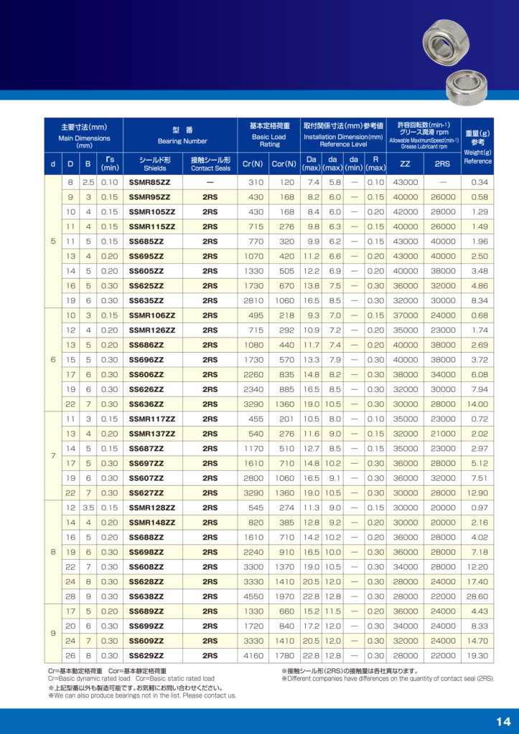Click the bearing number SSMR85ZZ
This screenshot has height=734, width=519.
[x=149, y=183]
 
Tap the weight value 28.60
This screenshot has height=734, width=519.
[x=477, y=596]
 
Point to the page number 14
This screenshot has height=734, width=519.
[x=502, y=721]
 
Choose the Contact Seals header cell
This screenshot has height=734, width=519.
[x=210, y=164]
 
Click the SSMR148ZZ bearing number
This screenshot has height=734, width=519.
[x=151, y=523]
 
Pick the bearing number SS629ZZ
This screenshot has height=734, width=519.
[x=146, y=656]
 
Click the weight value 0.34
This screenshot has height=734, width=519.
[x=480, y=183]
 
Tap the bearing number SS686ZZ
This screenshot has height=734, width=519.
[x=146, y=345]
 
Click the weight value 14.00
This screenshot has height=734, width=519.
[x=477, y=404]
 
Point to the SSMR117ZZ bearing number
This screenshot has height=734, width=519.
[x=151, y=419]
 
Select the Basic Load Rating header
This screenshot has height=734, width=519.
[x=269, y=134]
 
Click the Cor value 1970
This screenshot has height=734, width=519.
[x=283, y=596]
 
